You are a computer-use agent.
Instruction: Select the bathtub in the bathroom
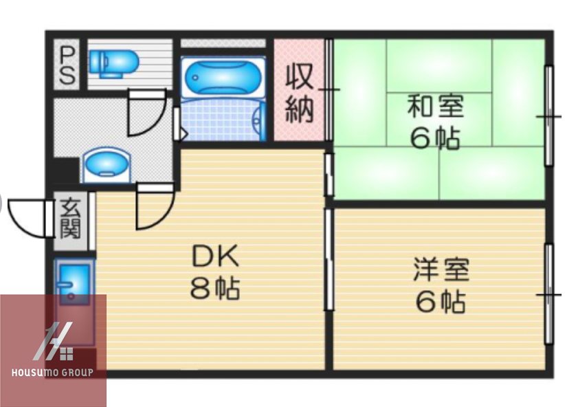(222, 77)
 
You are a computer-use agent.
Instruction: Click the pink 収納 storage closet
(299, 91)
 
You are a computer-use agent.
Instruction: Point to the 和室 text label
(436, 107)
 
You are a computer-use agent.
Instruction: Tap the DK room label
(214, 257)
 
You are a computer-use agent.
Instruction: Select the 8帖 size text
(214, 288)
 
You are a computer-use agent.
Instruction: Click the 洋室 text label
(441, 269)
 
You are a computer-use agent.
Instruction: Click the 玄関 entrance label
(69, 218)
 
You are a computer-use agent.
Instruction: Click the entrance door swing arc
(27, 217)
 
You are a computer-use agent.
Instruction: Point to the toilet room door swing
(146, 113)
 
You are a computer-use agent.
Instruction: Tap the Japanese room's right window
(549, 115)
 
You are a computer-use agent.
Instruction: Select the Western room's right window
(549, 294)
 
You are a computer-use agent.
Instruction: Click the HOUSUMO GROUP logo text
(54, 373)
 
